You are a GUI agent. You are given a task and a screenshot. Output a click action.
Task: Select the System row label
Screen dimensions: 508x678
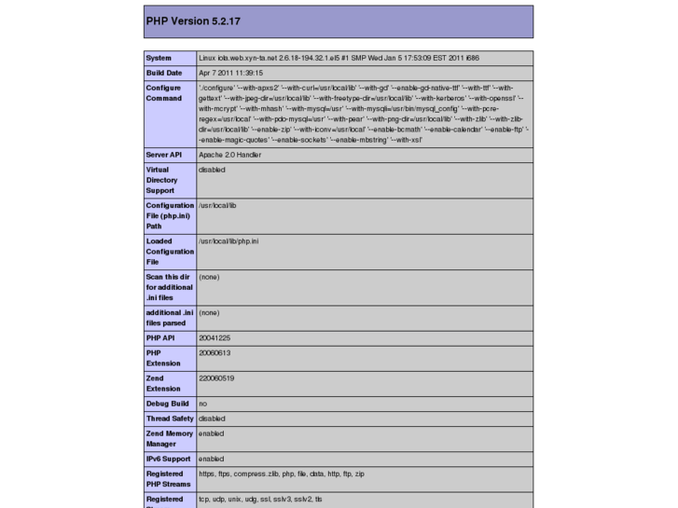pos(159,58)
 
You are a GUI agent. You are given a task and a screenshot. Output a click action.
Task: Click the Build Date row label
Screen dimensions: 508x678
pos(164,73)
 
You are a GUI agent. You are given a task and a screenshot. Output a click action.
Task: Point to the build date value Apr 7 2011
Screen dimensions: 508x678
pos(231,73)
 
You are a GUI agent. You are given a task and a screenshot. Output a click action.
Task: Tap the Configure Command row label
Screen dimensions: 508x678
pos(165,92)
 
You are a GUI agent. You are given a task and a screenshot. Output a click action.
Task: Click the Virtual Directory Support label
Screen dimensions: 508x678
pos(162,180)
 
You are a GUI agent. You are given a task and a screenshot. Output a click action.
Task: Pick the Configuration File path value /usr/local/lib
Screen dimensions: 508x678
pos(217,205)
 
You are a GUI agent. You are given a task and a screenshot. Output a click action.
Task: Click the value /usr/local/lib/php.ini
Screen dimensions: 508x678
pos(228,241)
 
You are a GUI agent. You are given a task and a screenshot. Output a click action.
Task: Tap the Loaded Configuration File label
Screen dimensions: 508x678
pos(170,252)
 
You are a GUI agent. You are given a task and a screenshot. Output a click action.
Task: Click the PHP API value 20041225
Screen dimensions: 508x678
pos(214,337)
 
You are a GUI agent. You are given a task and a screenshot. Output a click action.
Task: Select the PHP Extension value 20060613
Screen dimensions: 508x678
pos(214,353)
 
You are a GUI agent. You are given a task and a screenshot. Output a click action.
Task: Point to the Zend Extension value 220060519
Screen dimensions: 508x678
pos(216,378)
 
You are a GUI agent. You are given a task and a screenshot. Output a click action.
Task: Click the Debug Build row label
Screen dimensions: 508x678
pos(167,404)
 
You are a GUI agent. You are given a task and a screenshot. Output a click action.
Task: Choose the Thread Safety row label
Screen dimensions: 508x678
pos(169,419)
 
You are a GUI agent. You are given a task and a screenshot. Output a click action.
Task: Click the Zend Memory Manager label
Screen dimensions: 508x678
pos(169,439)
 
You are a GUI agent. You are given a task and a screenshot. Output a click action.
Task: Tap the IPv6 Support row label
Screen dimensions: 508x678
pos(169,460)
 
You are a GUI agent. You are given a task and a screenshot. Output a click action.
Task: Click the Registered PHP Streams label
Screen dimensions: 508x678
pos(168,479)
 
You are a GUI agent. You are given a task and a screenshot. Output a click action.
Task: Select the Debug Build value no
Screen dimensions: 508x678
pos(202,404)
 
